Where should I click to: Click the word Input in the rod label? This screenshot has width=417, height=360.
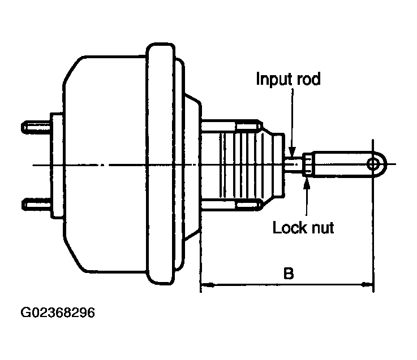(x=274, y=79)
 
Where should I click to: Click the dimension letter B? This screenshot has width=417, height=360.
(x=289, y=273)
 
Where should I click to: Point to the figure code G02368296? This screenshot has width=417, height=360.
(x=58, y=313)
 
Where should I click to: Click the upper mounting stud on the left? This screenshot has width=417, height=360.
(x=36, y=127)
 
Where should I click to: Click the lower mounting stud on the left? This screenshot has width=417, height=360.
(x=36, y=204)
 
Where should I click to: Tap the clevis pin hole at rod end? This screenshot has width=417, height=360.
(x=373, y=164)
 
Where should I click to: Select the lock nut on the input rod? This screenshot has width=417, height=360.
(x=307, y=164)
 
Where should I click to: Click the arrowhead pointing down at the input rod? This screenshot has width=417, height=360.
(x=292, y=151)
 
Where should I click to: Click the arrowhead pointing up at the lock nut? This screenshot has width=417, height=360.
(x=307, y=182)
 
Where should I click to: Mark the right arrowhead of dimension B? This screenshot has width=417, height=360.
(x=367, y=284)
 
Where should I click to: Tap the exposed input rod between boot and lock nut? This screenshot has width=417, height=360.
(x=294, y=164)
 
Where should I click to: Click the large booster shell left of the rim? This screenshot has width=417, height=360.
(x=105, y=164)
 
